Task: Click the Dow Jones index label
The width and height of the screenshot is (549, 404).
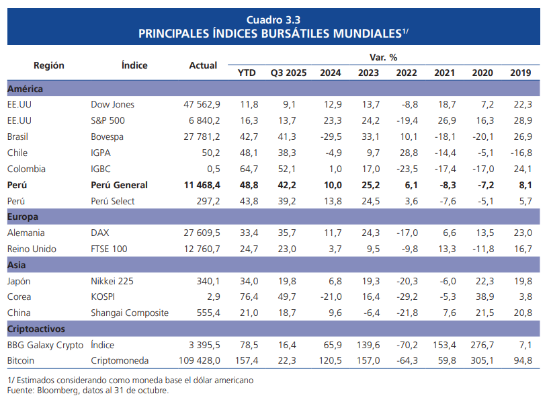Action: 112,104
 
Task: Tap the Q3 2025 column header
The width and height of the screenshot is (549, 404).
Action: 288,73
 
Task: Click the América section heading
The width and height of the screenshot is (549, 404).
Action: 25,88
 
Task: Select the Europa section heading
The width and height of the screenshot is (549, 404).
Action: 22,216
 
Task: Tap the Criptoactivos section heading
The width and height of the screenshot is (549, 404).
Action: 36,329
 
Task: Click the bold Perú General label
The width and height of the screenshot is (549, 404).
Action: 119,185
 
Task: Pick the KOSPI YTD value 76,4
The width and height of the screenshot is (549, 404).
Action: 249,296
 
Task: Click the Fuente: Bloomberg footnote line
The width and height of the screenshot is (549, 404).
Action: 87,391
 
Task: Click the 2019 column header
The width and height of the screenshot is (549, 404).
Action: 520,73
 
